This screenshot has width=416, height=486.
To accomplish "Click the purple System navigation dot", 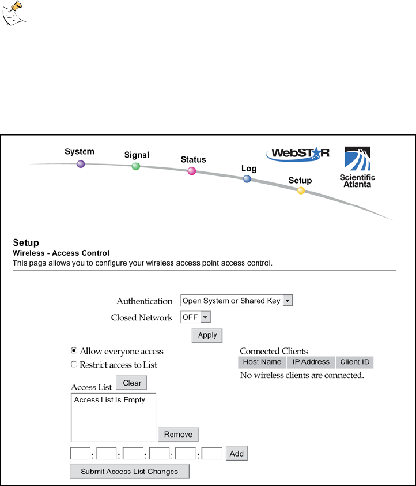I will [x=81, y=164].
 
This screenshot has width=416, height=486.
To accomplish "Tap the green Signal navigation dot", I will [x=136, y=166].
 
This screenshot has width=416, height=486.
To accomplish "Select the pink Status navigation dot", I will [x=192, y=171].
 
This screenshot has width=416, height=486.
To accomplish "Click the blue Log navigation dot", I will [x=247, y=179].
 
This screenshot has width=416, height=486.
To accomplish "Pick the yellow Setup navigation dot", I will [x=301, y=190].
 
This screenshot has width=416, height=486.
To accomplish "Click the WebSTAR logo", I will [x=298, y=154].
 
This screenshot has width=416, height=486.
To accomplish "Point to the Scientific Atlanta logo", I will [x=357, y=166].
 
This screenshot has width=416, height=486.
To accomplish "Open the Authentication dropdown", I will [x=237, y=301].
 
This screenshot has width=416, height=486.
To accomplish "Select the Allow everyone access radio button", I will [x=74, y=350].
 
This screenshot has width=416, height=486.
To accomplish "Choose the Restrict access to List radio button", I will [x=74, y=364].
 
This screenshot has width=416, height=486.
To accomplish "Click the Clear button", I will [x=132, y=383].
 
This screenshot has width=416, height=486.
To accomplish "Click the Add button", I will [x=237, y=454].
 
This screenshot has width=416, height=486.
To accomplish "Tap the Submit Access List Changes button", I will [x=130, y=472].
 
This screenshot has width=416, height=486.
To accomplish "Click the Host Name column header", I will [x=262, y=362].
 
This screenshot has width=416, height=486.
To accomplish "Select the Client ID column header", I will [x=354, y=362].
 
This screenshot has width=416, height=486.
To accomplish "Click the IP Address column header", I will [x=311, y=362].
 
